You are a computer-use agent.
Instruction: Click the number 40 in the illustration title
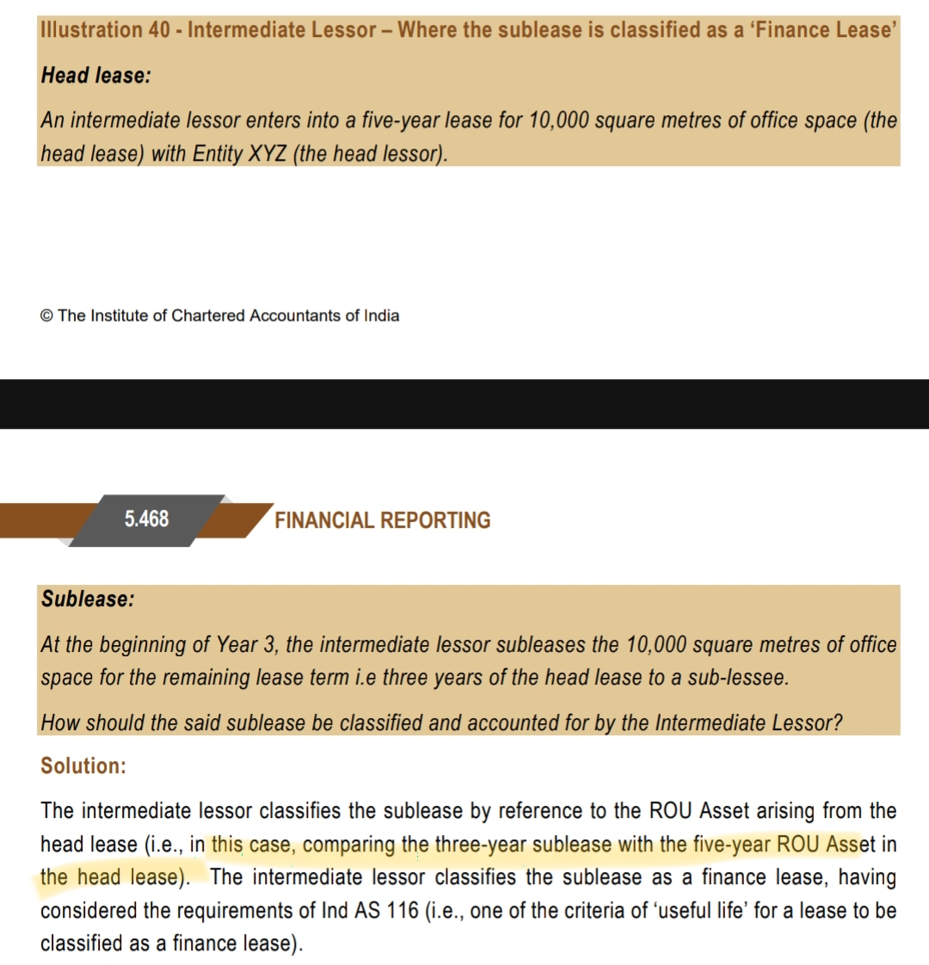pos(159,30)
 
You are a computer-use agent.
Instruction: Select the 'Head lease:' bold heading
pos(95,76)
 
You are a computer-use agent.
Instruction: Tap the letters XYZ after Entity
pos(269,154)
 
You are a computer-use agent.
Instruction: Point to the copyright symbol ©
pos(46,316)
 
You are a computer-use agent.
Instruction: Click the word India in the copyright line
pos(381,316)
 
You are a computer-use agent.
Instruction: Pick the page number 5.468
pos(146,519)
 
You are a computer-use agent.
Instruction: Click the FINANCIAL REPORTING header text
pos(383,520)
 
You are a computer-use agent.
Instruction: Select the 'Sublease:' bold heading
pos(88,599)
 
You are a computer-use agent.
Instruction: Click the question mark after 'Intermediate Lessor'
pos(838,722)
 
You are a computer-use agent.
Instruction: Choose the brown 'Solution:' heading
pos(83,765)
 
